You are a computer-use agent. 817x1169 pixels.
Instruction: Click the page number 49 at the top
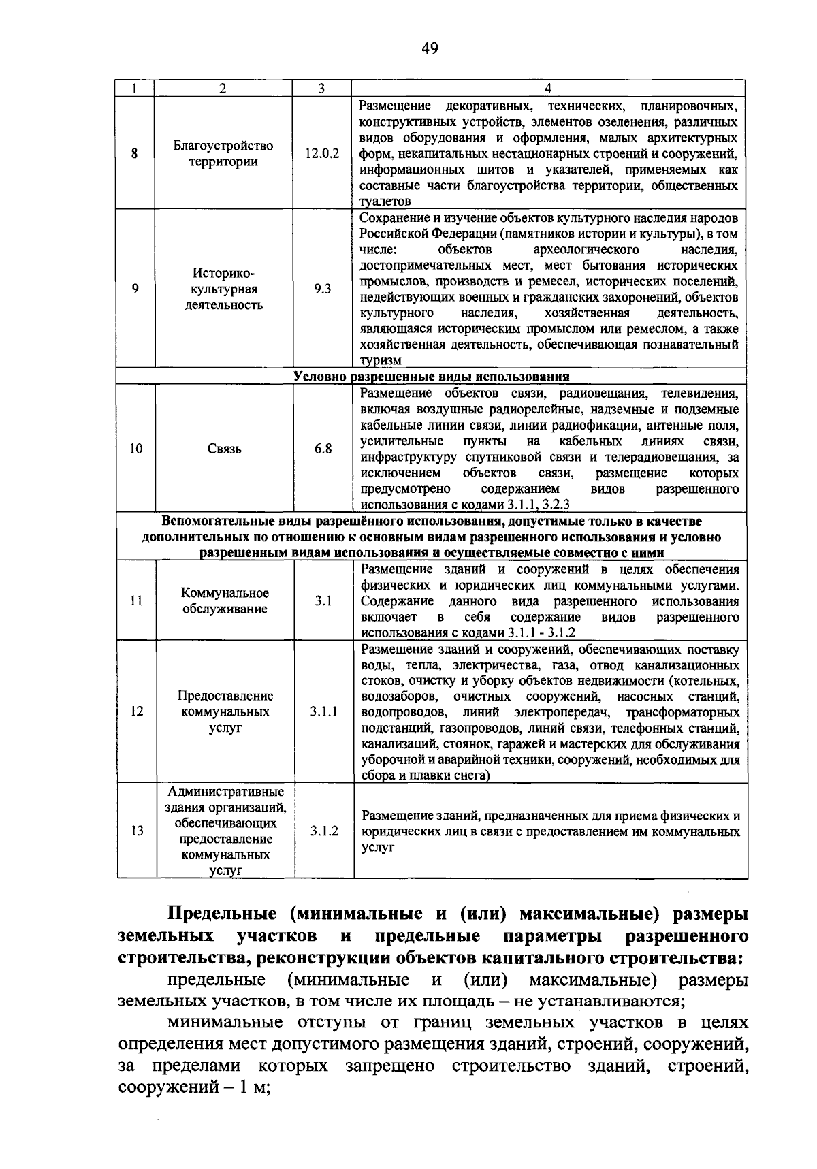point(429,48)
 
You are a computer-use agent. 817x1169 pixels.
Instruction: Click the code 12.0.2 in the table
point(321,154)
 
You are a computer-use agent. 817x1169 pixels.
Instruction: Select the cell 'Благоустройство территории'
point(223,154)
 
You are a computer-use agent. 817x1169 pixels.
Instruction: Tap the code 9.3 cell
point(322,289)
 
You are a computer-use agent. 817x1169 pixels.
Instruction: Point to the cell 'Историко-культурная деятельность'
point(223,289)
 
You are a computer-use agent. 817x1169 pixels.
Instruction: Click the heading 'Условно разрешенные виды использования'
point(431,377)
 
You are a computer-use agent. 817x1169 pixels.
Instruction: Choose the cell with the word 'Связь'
point(224,449)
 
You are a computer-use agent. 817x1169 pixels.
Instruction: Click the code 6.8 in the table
point(323,449)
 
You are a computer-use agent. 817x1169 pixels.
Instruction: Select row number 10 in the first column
point(136,449)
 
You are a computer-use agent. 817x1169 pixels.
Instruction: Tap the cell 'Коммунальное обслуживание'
point(225,601)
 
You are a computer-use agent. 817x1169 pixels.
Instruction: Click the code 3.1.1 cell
point(323,711)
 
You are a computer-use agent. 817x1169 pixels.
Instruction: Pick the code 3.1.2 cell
point(324,831)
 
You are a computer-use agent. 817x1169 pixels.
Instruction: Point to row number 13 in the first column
point(137,831)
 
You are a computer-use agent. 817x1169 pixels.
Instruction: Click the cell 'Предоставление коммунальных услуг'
point(225,711)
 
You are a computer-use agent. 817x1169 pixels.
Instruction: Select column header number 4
point(548,88)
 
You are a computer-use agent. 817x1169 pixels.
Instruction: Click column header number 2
point(223,88)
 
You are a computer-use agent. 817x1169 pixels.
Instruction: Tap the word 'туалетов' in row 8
point(385,202)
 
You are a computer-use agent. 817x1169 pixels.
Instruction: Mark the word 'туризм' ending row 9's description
point(381,361)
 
